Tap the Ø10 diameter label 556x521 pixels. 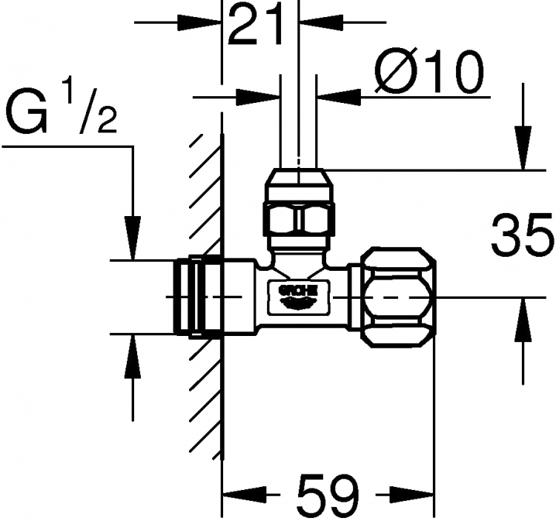pos(429,71)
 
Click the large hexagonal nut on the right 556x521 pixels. pos(398,298)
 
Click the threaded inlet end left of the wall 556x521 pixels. pos(189,296)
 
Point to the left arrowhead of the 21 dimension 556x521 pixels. pos(199,22)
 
